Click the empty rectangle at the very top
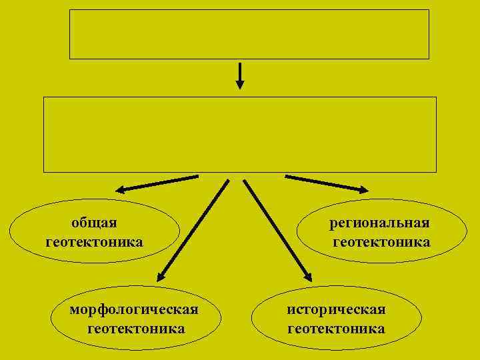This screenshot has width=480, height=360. coord(249,34)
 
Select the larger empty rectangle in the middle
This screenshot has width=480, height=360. coord(240,135)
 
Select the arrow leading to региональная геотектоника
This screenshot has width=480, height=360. coord(325,183)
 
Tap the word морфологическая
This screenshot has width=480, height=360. coord(135,310)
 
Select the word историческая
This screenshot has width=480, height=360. coord(336,310)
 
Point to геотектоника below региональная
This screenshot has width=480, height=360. coord(381,241)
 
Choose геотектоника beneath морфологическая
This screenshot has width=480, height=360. coord(136,328)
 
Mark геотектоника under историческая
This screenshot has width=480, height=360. coord(336,328)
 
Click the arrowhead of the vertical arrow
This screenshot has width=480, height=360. coord(240,85)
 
